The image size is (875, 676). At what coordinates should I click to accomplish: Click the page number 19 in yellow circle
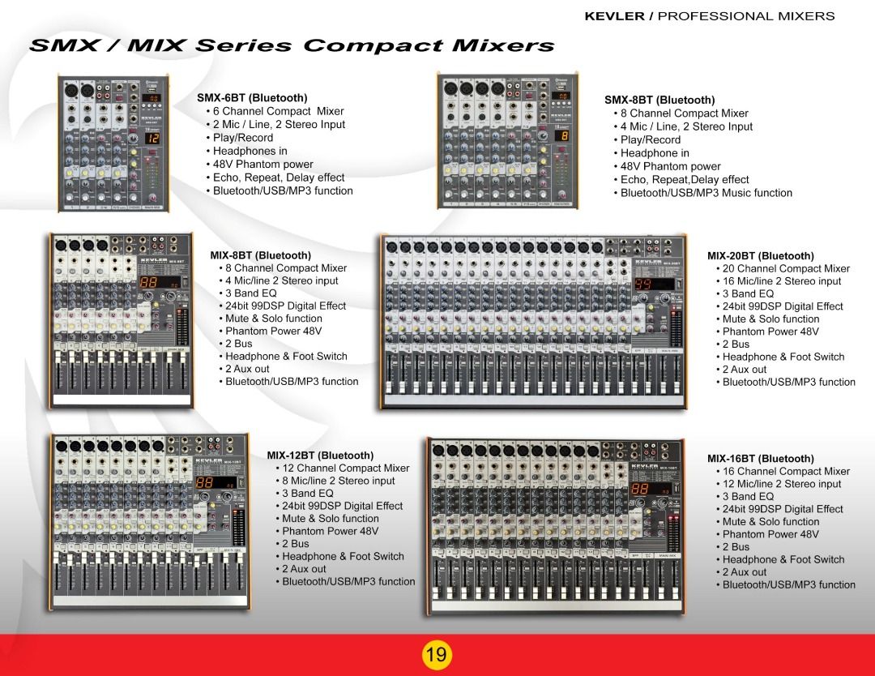(x=436, y=654)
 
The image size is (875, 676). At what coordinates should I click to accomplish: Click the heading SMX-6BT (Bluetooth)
(x=252, y=97)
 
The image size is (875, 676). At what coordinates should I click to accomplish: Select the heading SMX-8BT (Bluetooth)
(x=659, y=100)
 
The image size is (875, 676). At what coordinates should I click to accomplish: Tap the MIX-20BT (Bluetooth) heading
(x=760, y=256)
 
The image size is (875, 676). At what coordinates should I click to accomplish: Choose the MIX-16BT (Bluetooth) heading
(x=760, y=459)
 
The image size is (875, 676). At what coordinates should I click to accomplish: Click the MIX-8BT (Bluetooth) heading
(x=261, y=255)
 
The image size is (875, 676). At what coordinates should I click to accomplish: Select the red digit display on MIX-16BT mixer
(x=640, y=489)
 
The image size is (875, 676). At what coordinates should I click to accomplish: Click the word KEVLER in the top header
(x=614, y=16)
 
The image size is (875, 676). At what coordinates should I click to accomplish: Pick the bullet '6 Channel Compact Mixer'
(x=279, y=111)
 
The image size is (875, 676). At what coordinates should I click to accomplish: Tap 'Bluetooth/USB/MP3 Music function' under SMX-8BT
(x=706, y=193)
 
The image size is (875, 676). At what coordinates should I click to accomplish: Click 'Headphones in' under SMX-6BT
(x=250, y=151)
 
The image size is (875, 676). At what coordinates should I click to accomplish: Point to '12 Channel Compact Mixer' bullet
(x=346, y=468)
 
